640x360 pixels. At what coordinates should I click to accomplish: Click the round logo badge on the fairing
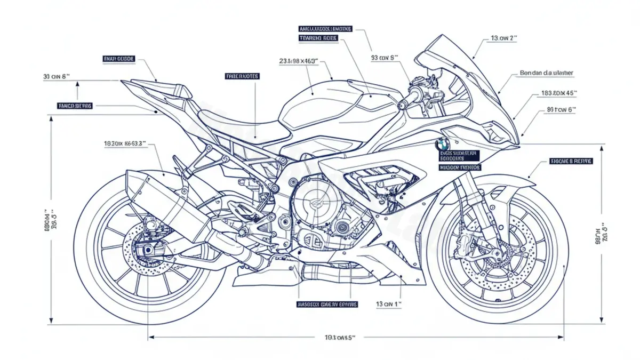coord(442,143)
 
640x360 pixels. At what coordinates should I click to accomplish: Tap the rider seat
coord(235,122)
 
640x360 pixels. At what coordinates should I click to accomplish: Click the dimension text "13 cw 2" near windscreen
coord(504,38)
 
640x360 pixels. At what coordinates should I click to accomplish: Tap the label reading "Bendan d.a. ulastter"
coord(547,73)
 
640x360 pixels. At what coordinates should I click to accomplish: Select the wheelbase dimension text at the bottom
coord(340,337)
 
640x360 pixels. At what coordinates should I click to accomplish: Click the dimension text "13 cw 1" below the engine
coord(388,304)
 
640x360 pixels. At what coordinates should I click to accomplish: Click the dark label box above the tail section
coord(118,58)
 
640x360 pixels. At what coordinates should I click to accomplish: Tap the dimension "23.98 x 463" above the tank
coord(299,61)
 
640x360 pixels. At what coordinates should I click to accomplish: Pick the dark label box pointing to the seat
coord(242,76)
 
